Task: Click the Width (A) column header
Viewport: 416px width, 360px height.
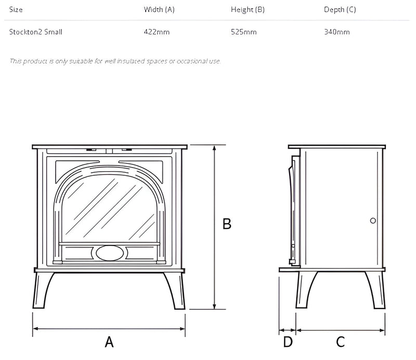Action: click(159, 10)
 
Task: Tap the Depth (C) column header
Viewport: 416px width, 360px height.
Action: click(341, 10)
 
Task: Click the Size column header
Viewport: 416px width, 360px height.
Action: click(16, 10)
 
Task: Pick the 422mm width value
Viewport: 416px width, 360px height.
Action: click(157, 32)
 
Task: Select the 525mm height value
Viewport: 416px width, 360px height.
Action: click(244, 32)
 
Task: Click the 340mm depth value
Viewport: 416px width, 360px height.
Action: click(336, 32)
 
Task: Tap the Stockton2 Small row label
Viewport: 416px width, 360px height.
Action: click(36, 32)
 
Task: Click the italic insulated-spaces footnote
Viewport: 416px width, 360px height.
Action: click(115, 61)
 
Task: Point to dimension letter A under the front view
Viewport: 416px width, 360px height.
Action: click(109, 342)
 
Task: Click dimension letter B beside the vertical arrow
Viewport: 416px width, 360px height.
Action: click(227, 224)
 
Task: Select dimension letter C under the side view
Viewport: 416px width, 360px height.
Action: click(341, 342)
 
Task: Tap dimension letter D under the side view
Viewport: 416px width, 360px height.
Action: click(288, 342)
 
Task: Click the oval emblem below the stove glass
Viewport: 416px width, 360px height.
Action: click(110, 253)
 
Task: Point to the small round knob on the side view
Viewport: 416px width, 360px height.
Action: click(373, 221)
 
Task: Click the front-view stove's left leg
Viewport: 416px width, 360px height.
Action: click(43, 291)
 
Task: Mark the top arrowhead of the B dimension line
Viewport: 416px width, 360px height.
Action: click(214, 148)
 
